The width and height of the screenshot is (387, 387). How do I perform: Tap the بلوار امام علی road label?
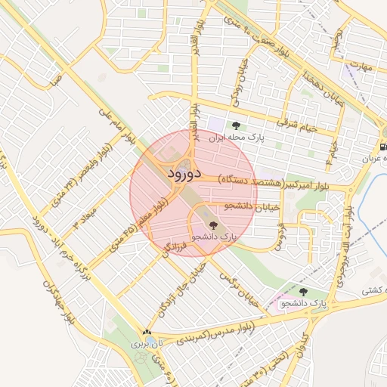coord(116,123)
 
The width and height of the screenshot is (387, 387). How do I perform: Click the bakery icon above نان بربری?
coord(147,332)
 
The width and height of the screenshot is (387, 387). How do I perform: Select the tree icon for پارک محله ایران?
coord(237,126)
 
